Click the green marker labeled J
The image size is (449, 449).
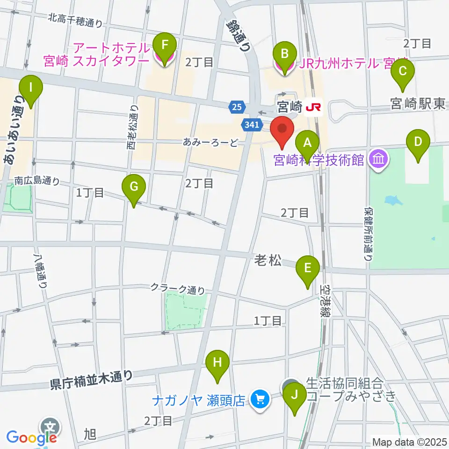[295, 396]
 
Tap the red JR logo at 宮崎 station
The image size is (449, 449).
[313, 108]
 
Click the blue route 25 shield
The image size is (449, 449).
[237, 108]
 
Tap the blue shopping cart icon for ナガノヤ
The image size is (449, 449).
[259, 399]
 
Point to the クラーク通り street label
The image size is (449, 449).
[177, 289]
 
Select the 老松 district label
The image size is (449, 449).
[268, 260]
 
